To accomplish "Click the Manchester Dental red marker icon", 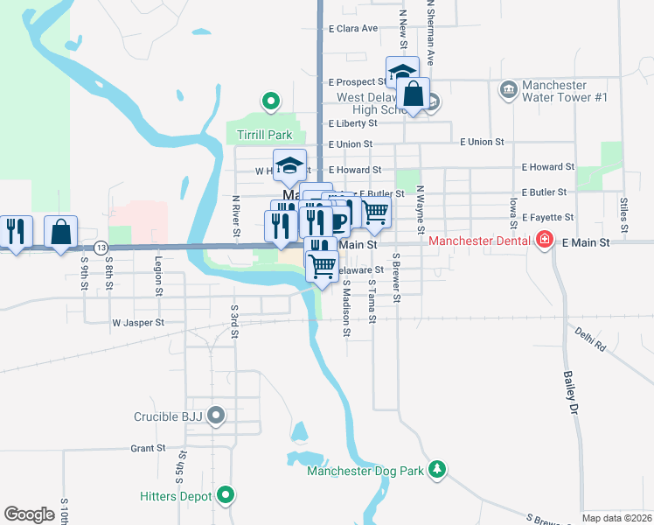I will click(545, 239).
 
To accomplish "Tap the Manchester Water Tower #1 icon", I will click(508, 91).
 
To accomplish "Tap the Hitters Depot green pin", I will click(226, 495).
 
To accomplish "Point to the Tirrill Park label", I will click(264, 135).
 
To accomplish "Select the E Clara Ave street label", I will click(353, 28).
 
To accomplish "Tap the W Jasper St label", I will click(138, 323).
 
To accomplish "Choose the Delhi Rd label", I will click(590, 339).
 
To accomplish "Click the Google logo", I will click(29, 514).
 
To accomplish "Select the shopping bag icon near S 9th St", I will click(61, 233).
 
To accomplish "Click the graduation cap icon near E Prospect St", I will click(402, 72).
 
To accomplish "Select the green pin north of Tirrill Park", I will click(271, 101).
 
